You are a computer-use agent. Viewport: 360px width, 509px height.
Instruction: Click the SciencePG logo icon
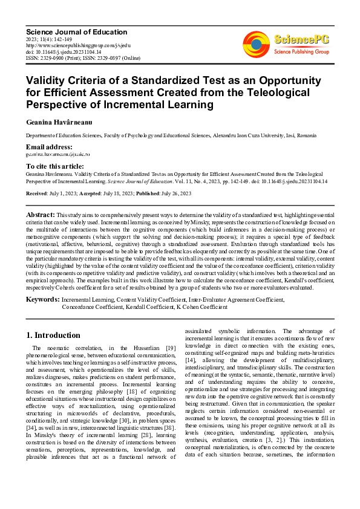pos(256,44)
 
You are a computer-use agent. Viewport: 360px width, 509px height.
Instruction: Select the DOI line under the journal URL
pos(64,51)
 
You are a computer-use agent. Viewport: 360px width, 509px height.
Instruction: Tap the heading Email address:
pos(49,147)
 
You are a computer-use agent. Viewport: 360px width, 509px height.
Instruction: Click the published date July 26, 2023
pos(174,193)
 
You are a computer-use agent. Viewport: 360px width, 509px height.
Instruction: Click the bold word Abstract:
pos(41,215)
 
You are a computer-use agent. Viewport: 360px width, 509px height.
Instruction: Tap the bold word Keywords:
pos(42,299)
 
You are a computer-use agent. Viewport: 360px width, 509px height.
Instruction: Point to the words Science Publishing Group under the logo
pos(301,51)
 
